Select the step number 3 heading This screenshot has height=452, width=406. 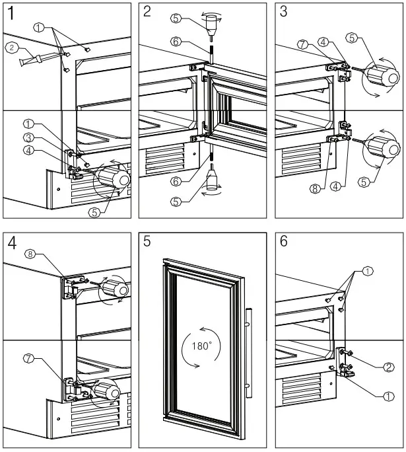tap(283, 12)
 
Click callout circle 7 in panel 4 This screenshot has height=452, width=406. tap(29, 358)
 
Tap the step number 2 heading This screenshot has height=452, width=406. tap(147, 12)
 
